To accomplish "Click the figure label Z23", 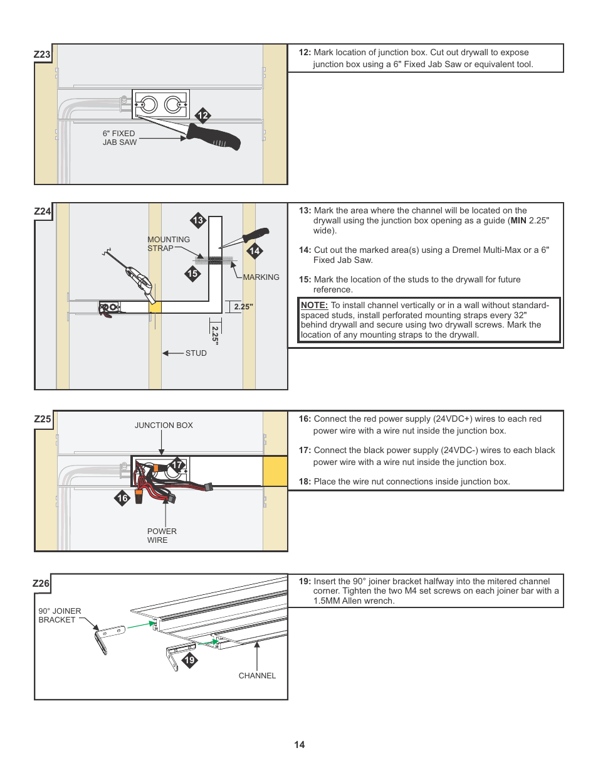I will [42, 55].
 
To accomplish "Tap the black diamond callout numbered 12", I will [202, 115].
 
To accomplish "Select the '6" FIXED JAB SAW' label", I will [119, 138].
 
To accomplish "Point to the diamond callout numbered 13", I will [198, 220].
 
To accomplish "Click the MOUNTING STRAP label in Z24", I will [168, 243].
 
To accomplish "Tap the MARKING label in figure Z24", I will [261, 277].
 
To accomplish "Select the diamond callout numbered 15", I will [192, 274].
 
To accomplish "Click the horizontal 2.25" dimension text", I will [243, 307].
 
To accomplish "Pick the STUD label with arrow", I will [196, 353].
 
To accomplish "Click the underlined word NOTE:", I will [314, 305].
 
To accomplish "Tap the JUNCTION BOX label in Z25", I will [164, 425].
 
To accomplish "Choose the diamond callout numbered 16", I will [123, 498].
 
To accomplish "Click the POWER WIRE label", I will [162, 535].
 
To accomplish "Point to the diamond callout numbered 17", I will [178, 465].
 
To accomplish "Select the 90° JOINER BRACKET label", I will [60, 615].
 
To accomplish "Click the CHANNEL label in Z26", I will [257, 676].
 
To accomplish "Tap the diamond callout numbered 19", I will [189, 660].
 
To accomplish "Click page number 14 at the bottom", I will [300, 745].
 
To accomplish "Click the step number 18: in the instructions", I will [305, 482].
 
